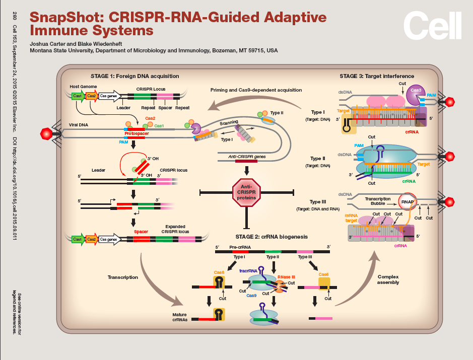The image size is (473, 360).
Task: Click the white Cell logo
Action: (432, 25)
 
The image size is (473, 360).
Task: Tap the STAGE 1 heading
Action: (134, 76)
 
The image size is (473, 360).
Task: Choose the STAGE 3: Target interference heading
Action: (377, 76)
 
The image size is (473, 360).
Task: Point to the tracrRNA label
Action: (249, 270)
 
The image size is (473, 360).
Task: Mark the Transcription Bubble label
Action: (377, 201)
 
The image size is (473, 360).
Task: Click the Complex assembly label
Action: (388, 279)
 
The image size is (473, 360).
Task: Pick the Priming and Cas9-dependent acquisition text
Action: (256, 90)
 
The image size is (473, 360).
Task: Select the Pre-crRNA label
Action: (240, 247)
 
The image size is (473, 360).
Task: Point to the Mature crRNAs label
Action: (180, 317)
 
